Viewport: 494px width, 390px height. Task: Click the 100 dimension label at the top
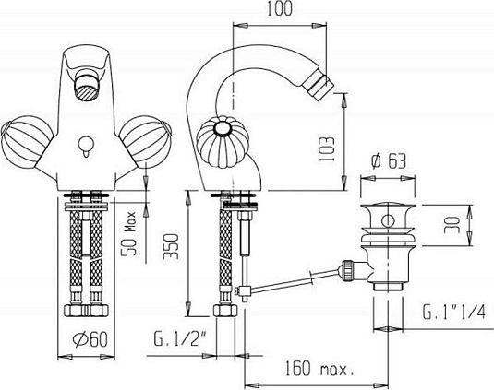point(280,9)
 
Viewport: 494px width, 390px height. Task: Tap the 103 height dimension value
point(326,149)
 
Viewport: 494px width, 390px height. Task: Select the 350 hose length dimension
point(171,246)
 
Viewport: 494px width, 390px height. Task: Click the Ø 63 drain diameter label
point(389,161)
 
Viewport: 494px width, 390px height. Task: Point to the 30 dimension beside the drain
point(452,225)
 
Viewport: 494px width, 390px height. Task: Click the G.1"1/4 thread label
point(453,312)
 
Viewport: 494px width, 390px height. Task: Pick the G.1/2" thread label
point(180,339)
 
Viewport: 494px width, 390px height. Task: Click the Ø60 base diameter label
point(90,339)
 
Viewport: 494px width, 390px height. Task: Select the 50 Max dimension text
point(129,233)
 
